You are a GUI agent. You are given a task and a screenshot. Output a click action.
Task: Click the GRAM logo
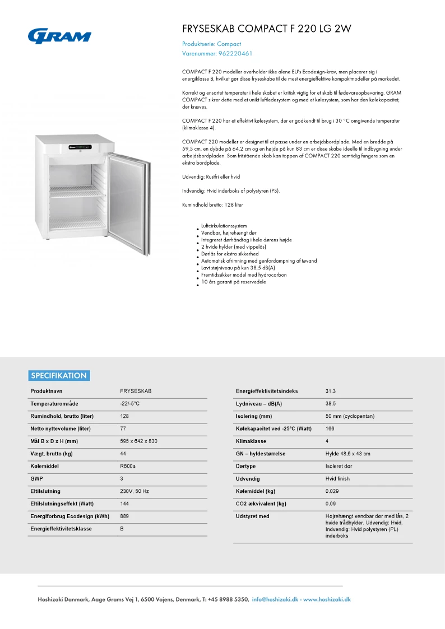[x=59, y=36]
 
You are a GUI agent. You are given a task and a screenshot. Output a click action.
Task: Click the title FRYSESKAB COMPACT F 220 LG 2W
[x=267, y=29]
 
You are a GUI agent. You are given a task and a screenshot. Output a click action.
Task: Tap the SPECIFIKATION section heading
[x=59, y=375]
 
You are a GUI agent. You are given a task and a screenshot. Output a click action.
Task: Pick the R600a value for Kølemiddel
[x=128, y=466]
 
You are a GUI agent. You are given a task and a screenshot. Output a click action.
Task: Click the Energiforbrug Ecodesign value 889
[x=124, y=516]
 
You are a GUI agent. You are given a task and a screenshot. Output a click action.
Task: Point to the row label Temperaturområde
[x=54, y=403]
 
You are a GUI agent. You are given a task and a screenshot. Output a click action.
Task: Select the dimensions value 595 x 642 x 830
[x=138, y=441]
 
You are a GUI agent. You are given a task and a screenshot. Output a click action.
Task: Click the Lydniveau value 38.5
[x=331, y=403]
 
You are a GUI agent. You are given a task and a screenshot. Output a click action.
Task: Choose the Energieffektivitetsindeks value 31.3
[x=331, y=391]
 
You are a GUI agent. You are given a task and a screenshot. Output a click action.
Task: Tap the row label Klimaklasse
[x=251, y=441]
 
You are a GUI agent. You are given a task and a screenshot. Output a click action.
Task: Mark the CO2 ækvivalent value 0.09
[x=331, y=504]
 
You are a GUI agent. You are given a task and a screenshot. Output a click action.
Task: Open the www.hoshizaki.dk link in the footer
[x=327, y=599]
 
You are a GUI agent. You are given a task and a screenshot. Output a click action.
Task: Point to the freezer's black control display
[x=82, y=148]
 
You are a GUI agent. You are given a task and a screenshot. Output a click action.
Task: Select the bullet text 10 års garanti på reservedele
[x=233, y=282]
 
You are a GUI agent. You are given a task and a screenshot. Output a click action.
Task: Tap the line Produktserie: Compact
[x=211, y=44]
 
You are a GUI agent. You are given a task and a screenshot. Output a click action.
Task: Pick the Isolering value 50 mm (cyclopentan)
[x=350, y=416]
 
